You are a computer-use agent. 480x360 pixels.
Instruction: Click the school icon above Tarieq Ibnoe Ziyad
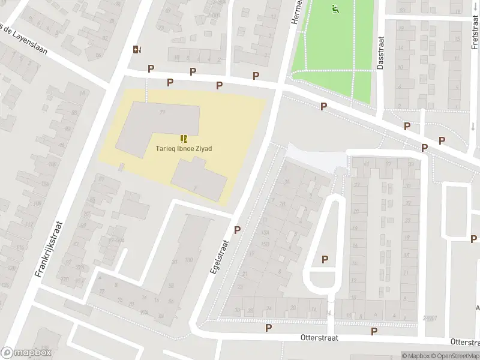tap(184, 138)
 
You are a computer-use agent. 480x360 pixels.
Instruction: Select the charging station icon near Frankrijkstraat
tap(137, 50)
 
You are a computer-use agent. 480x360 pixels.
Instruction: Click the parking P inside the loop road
tap(325, 259)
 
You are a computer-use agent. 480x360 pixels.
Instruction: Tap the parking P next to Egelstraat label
tap(237, 229)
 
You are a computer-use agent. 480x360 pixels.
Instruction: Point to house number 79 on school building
tap(162, 112)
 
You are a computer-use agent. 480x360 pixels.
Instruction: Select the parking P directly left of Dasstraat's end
tap(323, 106)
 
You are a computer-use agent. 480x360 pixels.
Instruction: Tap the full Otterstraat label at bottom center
tap(316, 338)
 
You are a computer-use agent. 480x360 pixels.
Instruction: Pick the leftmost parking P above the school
tap(150, 68)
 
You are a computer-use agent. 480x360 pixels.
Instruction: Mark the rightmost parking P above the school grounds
tap(256, 76)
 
